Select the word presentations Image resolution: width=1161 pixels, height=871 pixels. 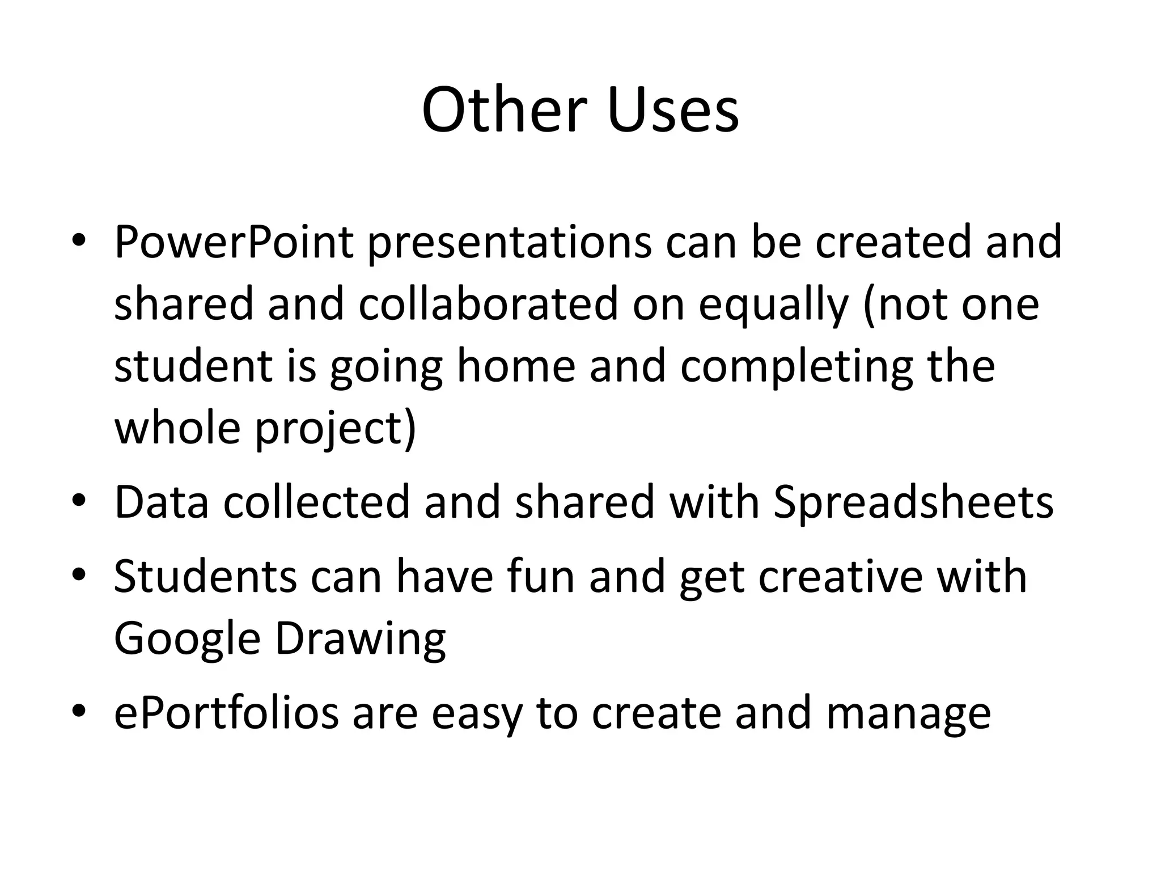(510, 243)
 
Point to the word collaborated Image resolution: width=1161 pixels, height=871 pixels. (488, 304)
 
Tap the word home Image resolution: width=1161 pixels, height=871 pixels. (516, 366)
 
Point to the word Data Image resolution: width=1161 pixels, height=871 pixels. (162, 502)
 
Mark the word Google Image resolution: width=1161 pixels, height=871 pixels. (187, 640)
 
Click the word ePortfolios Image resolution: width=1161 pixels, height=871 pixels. (226, 714)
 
